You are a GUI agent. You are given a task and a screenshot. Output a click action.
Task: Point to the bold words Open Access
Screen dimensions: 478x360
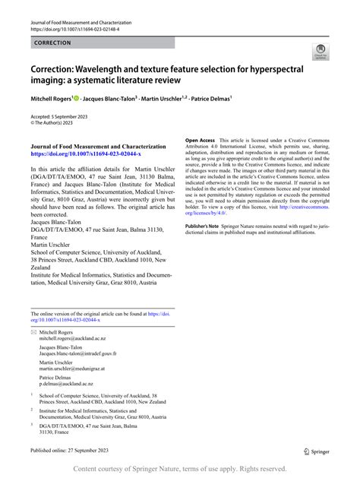[x=180, y=141]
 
